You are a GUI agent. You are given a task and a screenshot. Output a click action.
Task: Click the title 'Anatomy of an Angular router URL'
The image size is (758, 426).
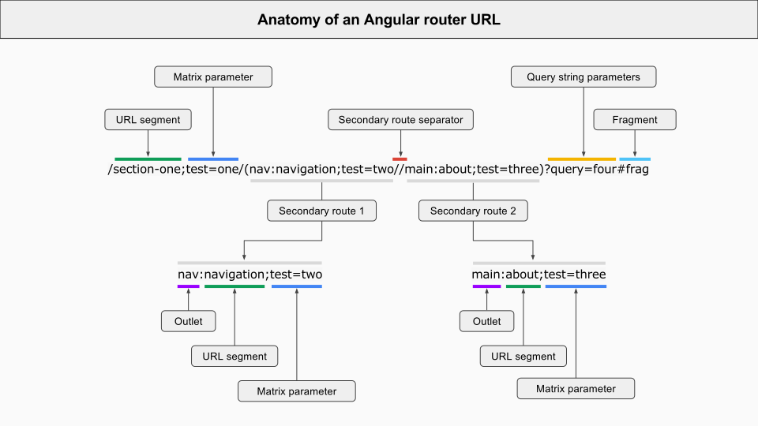378,20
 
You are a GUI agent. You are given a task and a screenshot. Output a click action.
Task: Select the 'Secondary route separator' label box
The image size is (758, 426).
400,120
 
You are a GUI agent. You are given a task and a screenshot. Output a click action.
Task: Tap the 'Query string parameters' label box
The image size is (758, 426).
583,77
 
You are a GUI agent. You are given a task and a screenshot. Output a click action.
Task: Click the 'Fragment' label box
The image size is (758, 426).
635,120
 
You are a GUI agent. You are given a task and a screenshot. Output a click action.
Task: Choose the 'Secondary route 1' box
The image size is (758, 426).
321,211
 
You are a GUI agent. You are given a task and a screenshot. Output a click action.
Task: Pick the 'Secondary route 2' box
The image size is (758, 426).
473,211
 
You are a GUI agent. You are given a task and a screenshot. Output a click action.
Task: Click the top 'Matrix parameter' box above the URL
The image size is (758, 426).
213,77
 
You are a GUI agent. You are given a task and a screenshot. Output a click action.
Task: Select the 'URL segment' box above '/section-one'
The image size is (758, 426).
148,120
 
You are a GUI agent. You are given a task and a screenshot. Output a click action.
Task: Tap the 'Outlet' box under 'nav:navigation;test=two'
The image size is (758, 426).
188,321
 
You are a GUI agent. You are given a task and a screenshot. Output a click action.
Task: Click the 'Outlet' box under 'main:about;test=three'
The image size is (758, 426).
486,321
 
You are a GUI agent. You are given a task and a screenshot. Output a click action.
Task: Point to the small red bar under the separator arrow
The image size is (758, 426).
400,159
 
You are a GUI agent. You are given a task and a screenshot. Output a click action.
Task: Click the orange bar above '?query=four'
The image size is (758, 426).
582,159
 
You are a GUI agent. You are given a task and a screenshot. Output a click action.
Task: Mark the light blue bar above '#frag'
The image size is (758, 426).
635,159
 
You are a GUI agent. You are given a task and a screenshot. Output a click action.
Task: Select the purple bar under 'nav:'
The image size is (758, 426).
188,286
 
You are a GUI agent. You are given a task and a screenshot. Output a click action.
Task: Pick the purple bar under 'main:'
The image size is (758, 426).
486,286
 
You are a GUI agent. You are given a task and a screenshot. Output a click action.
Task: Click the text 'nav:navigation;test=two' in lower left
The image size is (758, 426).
250,275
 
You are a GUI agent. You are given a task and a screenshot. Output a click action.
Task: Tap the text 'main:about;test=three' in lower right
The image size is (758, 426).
538,275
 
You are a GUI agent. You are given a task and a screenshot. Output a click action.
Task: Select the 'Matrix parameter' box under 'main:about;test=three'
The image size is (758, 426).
576,388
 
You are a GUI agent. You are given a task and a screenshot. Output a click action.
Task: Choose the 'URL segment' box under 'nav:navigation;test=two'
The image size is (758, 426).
235,356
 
